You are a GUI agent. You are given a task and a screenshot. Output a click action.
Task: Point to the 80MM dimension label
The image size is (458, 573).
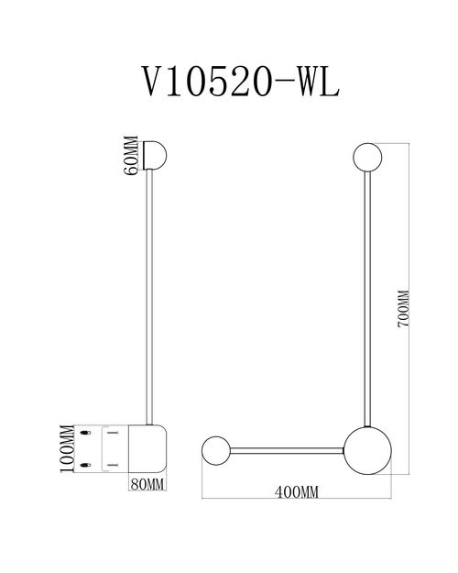147,481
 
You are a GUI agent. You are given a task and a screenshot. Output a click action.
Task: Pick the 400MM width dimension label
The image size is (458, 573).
296,493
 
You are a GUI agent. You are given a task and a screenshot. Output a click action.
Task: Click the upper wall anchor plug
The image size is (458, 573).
84,432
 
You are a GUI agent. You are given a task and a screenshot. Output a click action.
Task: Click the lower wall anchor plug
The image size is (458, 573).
84,466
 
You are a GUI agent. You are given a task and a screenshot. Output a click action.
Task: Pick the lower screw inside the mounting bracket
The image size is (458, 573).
112,466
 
